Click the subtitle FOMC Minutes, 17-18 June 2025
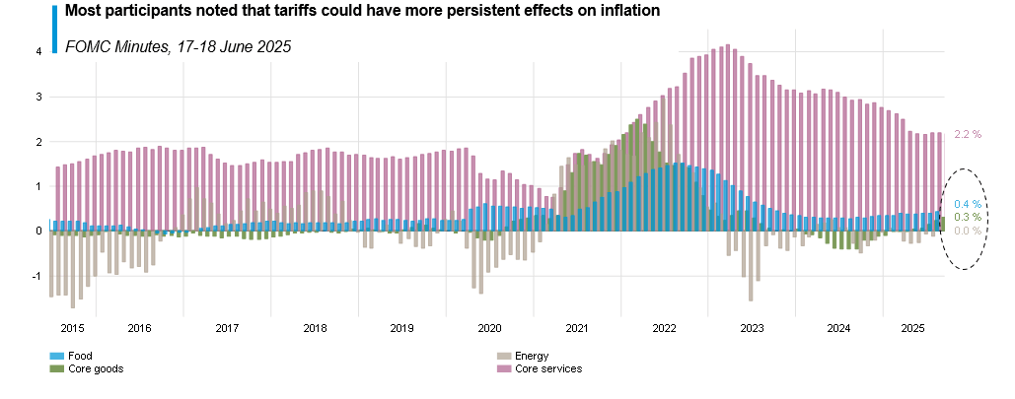(178, 46)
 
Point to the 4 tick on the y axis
(38, 51)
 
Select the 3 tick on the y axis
(38, 97)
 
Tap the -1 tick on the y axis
(36, 276)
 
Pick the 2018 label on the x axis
(315, 328)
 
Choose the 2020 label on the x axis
(489, 328)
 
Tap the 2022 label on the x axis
(664, 328)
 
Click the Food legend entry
(81, 356)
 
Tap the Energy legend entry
(532, 356)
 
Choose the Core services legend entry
(548, 368)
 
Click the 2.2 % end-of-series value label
(968, 134)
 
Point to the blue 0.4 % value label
(968, 204)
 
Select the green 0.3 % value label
(968, 217)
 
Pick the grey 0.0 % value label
(968, 231)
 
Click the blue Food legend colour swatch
(56, 356)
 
